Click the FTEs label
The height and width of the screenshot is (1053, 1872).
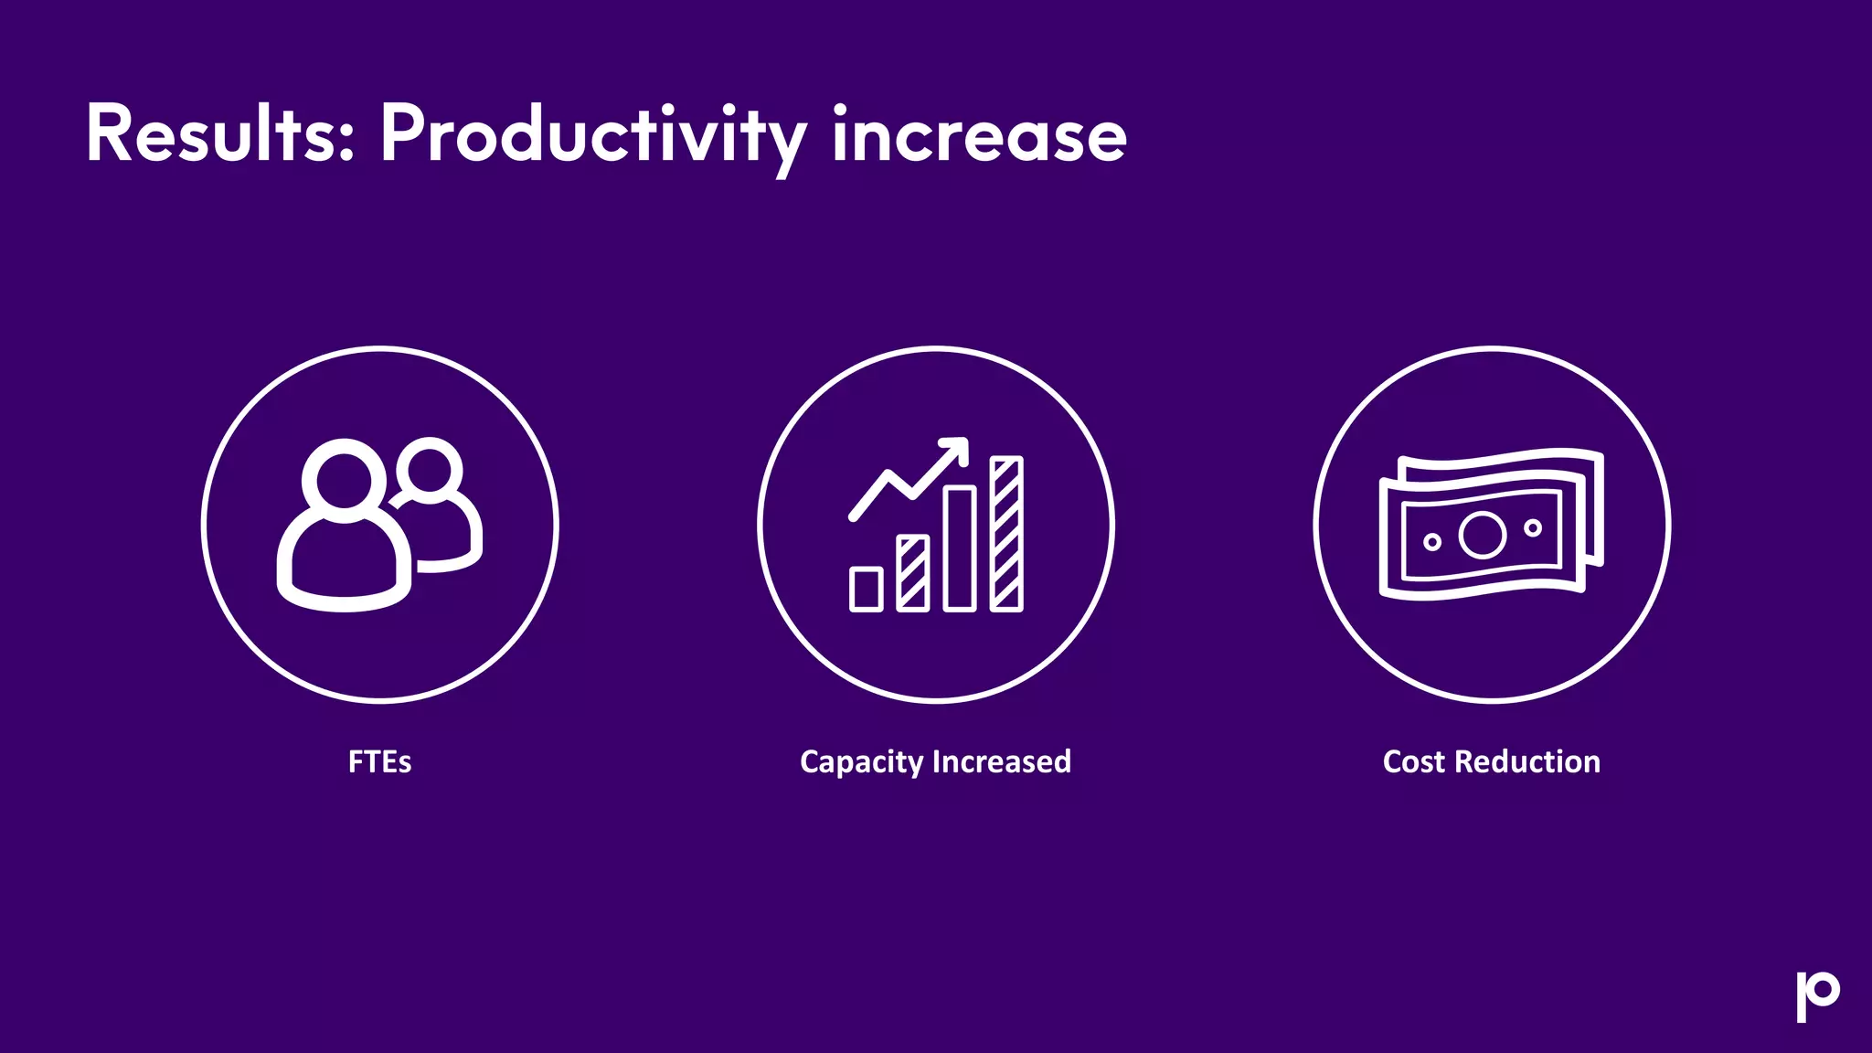pyautogui.click(x=379, y=761)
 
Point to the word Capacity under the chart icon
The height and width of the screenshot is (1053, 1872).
pyautogui.click(x=862, y=761)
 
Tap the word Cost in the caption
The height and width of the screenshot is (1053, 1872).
pyautogui.click(x=1414, y=761)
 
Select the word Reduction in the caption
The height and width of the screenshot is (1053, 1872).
pyautogui.click(x=1527, y=761)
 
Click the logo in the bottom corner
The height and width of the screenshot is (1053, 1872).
pyautogui.click(x=1817, y=995)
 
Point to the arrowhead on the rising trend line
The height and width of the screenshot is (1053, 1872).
pyautogui.click(x=956, y=449)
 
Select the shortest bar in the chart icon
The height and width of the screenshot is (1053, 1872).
pyautogui.click(x=866, y=589)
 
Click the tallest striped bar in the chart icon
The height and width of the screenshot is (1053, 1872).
pyautogui.click(x=1006, y=533)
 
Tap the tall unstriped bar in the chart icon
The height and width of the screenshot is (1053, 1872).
pyautogui.click(x=960, y=548)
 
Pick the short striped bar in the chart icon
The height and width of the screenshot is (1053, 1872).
pyautogui.click(x=912, y=573)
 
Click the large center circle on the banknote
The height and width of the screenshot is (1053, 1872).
pyautogui.click(x=1482, y=535)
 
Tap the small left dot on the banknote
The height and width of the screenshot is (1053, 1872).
pyautogui.click(x=1432, y=542)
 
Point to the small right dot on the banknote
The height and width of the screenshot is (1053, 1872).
pyautogui.click(x=1533, y=527)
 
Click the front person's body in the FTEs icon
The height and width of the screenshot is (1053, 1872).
pyautogui.click(x=344, y=567)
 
